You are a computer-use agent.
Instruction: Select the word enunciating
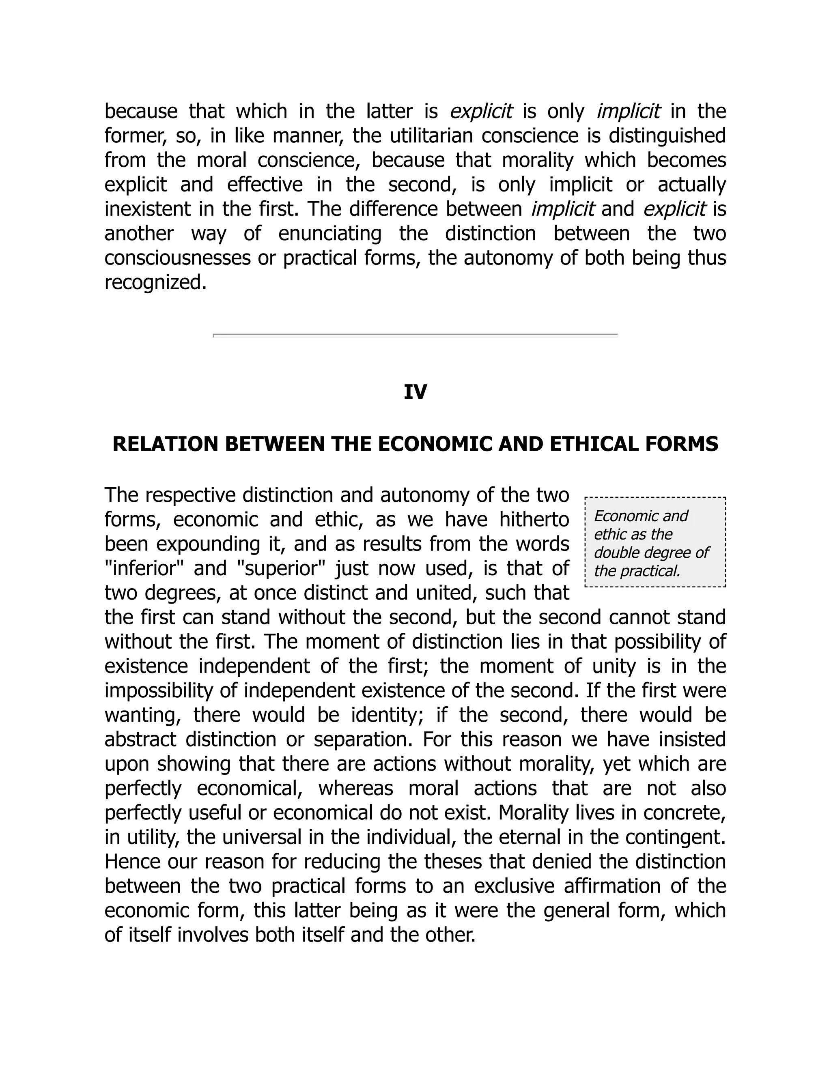pos(329,233)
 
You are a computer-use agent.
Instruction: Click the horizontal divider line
pos(415,335)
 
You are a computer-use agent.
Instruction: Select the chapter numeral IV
pos(415,392)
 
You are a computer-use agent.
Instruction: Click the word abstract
pos(140,739)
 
